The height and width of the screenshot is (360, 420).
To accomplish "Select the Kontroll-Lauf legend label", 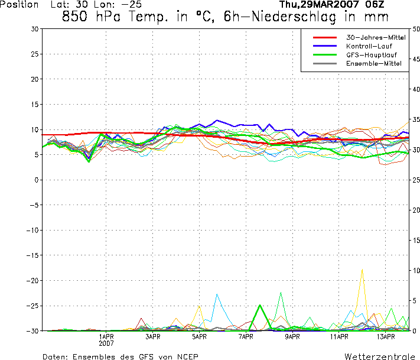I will coord(368,46).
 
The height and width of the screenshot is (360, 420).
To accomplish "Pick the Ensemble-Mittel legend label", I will coord(369,64).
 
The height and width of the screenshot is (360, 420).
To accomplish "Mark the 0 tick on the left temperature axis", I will coord(37,180).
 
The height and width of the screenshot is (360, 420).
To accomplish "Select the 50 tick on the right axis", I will coord(416,29).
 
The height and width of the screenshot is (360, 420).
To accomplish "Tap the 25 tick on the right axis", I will coord(416,180).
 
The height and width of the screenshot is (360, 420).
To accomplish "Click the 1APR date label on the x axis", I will coord(106,337).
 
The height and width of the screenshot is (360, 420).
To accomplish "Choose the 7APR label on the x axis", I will coord(246,337).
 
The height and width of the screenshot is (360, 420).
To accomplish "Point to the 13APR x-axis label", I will coord(385,337).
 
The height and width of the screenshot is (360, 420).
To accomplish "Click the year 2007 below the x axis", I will coord(106,343).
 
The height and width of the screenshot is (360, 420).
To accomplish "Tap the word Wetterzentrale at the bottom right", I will coord(378,356).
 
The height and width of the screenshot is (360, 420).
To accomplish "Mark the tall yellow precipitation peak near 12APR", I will coord(362,270).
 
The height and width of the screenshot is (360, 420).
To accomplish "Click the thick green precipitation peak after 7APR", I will coord(259,306).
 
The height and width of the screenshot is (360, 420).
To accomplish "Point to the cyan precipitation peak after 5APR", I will coord(217,294).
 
